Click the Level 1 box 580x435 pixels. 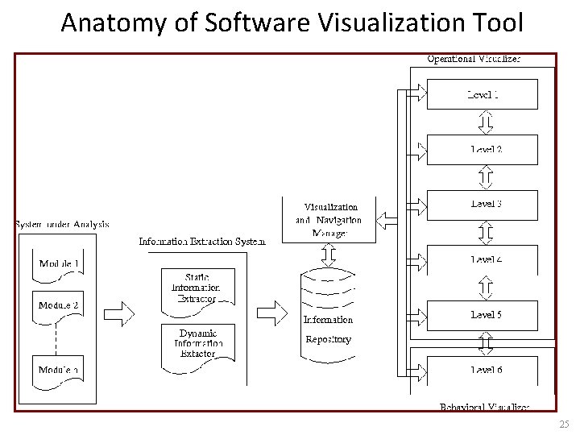coord(482,94)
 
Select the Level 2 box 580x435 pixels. coord(482,149)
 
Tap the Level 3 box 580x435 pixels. coord(482,205)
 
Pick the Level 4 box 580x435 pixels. coord(482,259)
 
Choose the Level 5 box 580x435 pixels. coord(482,315)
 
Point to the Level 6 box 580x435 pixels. coord(482,370)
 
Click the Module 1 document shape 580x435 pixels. coord(60,264)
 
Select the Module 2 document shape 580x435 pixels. coord(60,307)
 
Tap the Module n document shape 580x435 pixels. coord(60,370)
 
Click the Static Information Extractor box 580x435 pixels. coord(197,288)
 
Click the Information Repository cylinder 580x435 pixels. coord(328,319)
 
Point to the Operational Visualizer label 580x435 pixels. coord(474,59)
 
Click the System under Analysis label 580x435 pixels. coord(62,225)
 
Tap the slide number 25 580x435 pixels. coord(562,424)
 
